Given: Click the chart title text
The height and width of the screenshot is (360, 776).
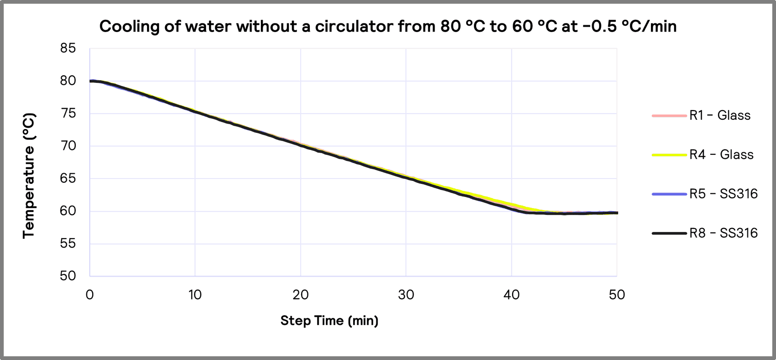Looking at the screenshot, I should [388, 26].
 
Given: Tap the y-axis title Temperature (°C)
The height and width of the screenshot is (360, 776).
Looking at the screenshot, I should [29, 176].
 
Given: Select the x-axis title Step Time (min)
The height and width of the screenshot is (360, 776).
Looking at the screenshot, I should [329, 321].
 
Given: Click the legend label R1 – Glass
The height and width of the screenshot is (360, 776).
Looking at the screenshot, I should [720, 115].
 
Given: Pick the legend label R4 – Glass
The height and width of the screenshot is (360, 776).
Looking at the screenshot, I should [721, 155].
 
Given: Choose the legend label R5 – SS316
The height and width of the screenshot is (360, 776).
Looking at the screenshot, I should [723, 194].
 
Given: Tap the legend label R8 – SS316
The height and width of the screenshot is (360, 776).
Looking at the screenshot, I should [723, 233].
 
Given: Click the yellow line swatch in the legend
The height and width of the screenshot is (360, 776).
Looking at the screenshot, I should [669, 155].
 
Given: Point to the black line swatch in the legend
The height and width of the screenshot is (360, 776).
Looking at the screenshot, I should [669, 233].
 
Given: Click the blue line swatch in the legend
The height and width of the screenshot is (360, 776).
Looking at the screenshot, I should [669, 194].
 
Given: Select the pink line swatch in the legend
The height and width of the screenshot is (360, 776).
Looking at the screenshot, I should [669, 115].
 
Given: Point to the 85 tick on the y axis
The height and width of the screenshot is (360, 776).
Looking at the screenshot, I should [68, 48].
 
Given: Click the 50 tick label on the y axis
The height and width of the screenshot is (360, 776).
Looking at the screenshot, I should [68, 276].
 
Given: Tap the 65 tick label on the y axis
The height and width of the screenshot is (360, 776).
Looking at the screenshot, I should [68, 178].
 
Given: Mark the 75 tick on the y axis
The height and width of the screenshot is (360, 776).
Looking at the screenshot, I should [68, 113].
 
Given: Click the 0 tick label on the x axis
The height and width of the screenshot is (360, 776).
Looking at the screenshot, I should [90, 295].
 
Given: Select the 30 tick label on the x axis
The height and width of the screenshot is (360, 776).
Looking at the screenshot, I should [406, 295].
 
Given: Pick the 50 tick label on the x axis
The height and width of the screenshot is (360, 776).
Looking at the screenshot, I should [617, 295].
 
